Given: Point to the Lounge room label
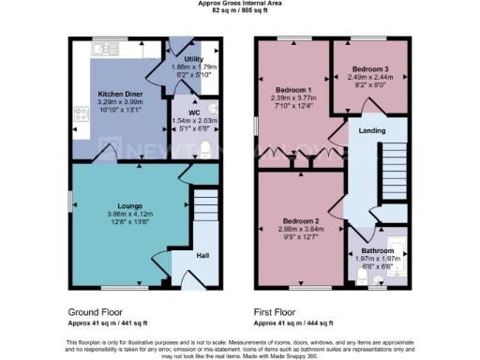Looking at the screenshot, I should tap(130, 205).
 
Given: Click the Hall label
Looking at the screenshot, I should tap(202, 255).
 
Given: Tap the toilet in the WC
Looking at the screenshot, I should tap(205, 146).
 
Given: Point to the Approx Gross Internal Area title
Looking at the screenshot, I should tap(240, 4).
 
